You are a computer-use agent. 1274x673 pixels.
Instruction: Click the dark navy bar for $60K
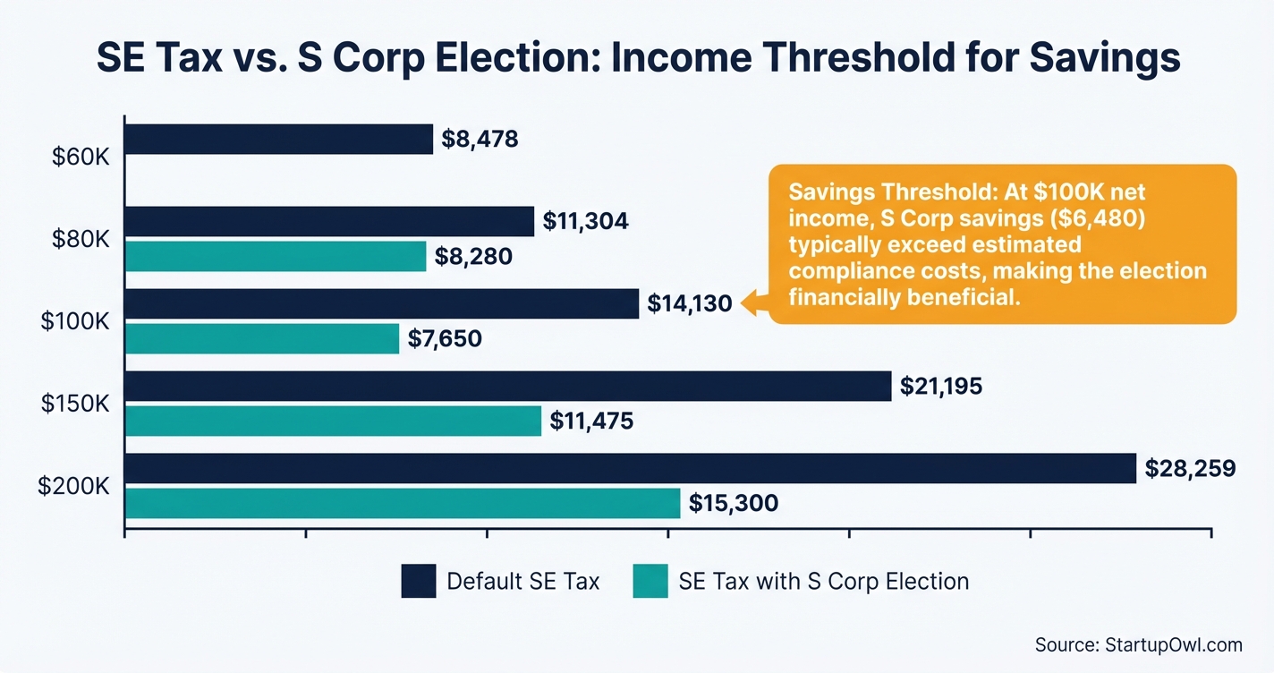(x=278, y=140)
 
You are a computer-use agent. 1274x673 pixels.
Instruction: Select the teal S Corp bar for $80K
(x=276, y=257)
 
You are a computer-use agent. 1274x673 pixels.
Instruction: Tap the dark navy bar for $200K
(x=630, y=468)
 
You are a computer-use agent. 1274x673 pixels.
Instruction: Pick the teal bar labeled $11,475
(x=333, y=421)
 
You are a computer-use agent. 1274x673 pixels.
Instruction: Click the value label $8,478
(x=480, y=140)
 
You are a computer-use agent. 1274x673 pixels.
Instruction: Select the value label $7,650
(x=445, y=339)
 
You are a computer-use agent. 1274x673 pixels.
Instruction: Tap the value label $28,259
(x=1190, y=468)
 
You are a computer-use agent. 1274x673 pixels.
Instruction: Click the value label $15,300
(x=734, y=504)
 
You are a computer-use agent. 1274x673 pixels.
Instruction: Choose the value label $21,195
(x=941, y=387)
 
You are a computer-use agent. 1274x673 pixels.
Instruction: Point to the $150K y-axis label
(x=75, y=404)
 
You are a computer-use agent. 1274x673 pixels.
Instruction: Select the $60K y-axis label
(x=80, y=158)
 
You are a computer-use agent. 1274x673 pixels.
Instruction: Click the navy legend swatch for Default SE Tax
(x=419, y=581)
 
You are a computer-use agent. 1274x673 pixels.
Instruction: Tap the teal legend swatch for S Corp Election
(x=650, y=581)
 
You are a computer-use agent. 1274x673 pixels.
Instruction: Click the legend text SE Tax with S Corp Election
(x=824, y=581)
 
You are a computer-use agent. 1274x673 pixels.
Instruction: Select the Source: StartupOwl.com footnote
(x=1139, y=645)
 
